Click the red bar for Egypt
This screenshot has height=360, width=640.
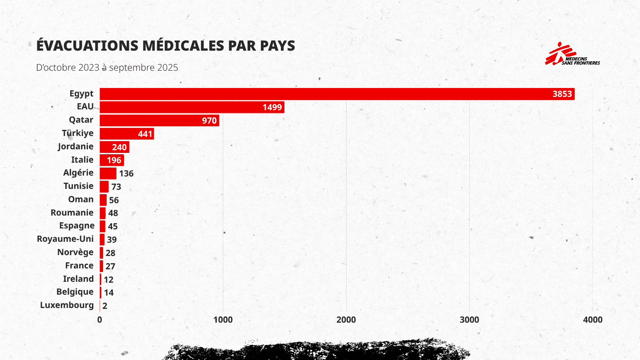point(337,94)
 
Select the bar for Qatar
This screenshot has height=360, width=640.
point(159,120)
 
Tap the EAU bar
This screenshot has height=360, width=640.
point(192,107)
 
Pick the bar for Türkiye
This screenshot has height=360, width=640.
point(127,134)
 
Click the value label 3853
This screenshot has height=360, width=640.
point(562,94)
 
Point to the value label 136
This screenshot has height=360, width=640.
point(126,174)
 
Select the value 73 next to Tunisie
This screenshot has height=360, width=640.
point(116,187)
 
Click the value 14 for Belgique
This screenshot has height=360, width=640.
point(109,292)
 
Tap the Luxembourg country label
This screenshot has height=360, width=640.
point(67,305)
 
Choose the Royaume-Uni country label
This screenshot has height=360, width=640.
point(65,239)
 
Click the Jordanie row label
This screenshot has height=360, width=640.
point(76,147)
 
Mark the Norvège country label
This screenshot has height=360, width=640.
point(75,252)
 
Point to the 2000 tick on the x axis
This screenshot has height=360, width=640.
point(346,320)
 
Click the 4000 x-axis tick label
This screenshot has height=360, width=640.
point(592,320)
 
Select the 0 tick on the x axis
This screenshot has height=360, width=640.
point(100,320)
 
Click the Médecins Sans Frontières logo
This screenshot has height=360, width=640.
point(572,54)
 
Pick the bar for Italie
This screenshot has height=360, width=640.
point(112,160)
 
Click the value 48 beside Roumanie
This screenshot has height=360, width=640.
point(113,213)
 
